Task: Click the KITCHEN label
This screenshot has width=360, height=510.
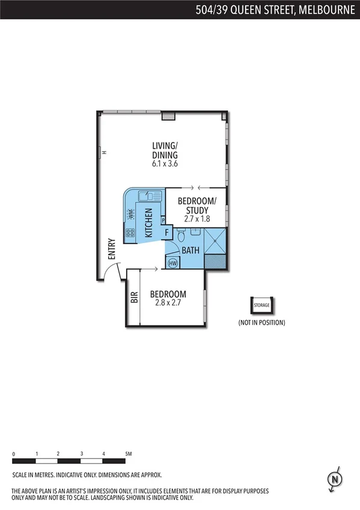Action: (x=149, y=223)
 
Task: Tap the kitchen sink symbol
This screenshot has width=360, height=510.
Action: (x=144, y=195)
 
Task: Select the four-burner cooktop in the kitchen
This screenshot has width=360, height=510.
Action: (x=129, y=233)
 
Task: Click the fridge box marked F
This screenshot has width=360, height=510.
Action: (x=166, y=232)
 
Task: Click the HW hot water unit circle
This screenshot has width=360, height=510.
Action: (x=173, y=262)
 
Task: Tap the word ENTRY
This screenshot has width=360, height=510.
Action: (x=111, y=249)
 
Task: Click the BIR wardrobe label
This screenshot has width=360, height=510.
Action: (x=134, y=296)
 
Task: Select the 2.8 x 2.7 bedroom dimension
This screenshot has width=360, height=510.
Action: (x=168, y=303)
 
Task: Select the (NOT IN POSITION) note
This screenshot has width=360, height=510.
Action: (x=261, y=323)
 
